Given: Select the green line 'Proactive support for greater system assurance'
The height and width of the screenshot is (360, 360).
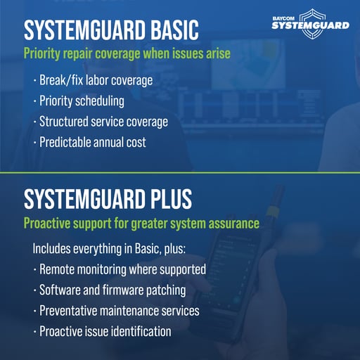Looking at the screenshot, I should pyautogui.click(x=141, y=224).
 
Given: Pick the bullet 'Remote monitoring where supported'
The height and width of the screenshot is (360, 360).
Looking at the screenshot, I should pyautogui.click(x=122, y=269).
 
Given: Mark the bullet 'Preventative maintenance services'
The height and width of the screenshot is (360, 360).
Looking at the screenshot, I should pyautogui.click(x=119, y=310).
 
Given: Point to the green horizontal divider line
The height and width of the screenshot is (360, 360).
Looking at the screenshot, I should pyautogui.click(x=180, y=172).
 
